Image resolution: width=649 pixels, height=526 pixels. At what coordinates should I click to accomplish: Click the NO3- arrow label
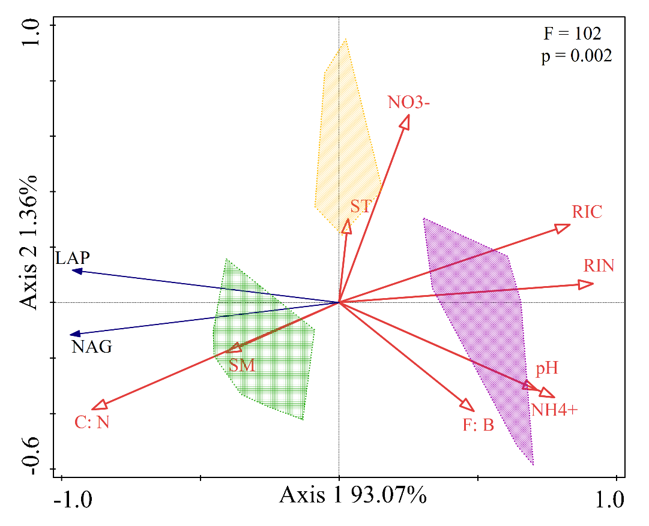tap(409, 103)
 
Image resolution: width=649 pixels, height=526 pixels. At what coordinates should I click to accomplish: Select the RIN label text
tap(599, 265)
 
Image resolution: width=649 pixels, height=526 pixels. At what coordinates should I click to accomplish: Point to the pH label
tap(547, 368)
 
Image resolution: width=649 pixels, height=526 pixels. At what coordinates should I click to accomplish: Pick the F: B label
tap(478, 425)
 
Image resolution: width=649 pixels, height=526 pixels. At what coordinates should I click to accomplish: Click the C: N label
tap(92, 422)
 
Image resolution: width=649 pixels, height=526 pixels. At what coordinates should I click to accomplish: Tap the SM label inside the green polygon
tap(242, 365)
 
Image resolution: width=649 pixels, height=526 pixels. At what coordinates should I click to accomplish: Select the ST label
tap(361, 207)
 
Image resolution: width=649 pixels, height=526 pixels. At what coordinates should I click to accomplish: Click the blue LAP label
tap(73, 258)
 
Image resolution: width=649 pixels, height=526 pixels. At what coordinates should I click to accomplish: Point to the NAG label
tap(91, 347)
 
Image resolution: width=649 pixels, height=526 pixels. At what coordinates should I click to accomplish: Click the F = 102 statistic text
tap(572, 34)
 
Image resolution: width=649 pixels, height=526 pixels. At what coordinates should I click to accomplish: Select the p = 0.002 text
tap(576, 56)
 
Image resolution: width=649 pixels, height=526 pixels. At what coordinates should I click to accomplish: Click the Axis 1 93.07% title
tap(353, 495)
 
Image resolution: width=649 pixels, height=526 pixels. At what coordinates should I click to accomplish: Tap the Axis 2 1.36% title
tap(29, 242)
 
